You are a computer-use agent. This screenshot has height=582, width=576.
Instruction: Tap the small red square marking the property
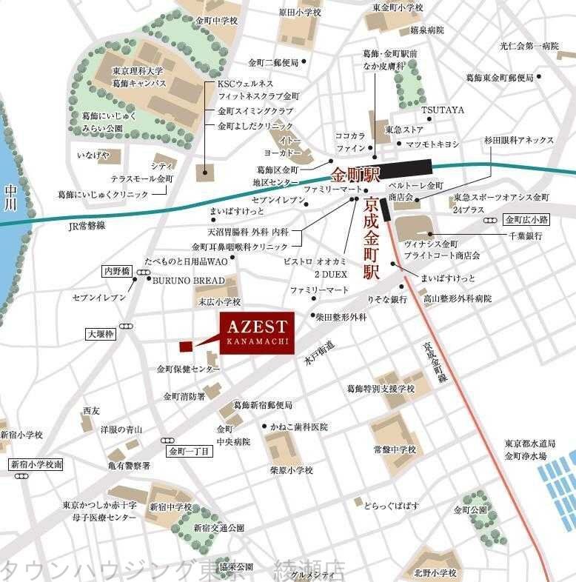pyautogui.click(x=185, y=346)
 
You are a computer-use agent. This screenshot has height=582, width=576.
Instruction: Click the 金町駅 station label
pyautogui.click(x=355, y=176)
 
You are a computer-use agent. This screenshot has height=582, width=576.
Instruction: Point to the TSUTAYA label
pyautogui.click(x=443, y=110)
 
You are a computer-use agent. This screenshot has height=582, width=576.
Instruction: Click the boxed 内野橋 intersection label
pyautogui.click(x=116, y=271)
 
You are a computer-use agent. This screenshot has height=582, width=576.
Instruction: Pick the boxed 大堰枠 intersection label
pyautogui.click(x=101, y=334)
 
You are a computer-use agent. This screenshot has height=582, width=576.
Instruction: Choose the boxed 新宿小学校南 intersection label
pyautogui.click(x=36, y=464)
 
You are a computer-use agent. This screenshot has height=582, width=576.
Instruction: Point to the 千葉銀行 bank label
pyautogui.click(x=525, y=235)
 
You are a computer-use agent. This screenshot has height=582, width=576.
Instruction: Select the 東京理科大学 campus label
pyautogui.click(x=138, y=71)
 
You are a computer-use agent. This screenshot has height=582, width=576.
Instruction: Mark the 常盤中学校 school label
pyautogui.click(x=395, y=449)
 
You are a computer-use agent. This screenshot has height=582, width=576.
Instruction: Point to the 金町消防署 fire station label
pyautogui.click(x=184, y=396)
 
